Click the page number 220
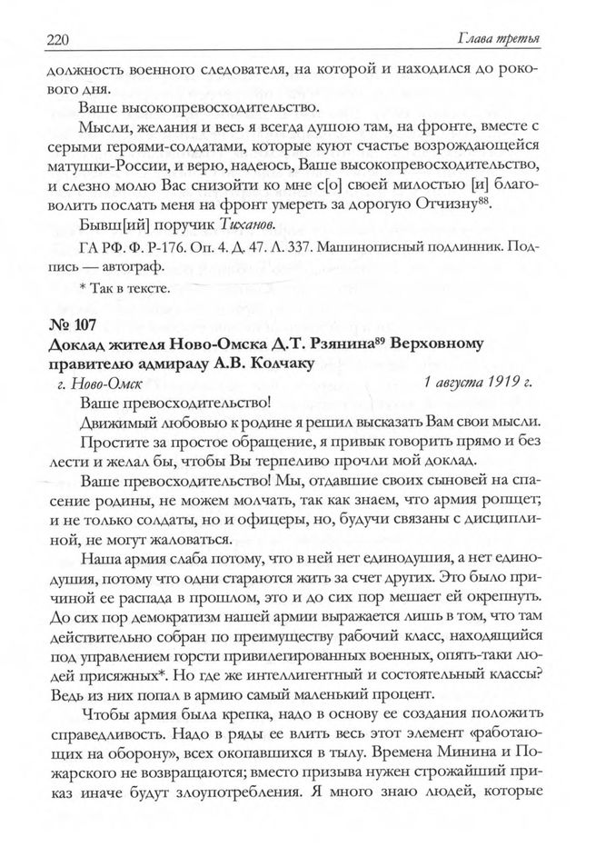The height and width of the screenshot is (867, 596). pos(59,37)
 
